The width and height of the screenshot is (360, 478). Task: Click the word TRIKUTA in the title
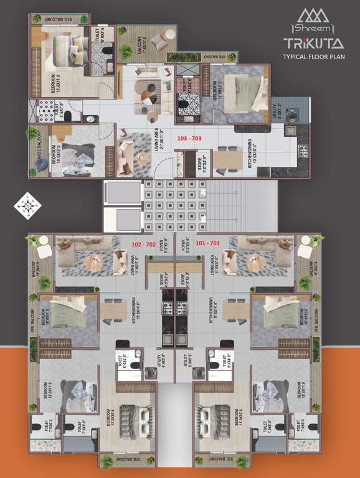pos(313,43)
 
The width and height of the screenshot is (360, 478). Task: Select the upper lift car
pos(123,192)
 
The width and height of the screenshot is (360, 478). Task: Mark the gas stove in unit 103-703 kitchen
pos(303,150)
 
